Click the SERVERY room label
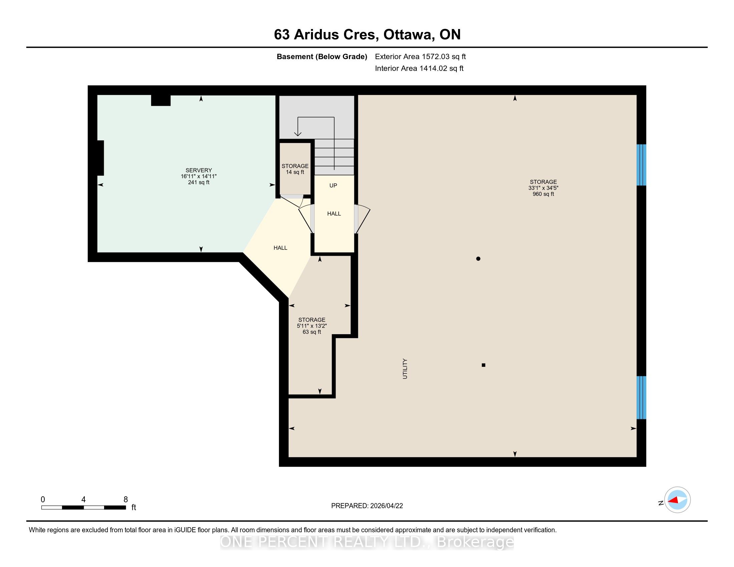click(x=199, y=170)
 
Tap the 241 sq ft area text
click(x=199, y=182)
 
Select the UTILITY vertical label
click(x=405, y=369)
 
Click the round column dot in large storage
click(x=478, y=258)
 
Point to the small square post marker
click(x=484, y=365)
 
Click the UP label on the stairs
click(x=333, y=185)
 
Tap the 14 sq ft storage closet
click(x=295, y=169)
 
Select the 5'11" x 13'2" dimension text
click(x=312, y=326)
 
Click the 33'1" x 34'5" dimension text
click(x=543, y=188)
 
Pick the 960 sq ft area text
click(x=543, y=194)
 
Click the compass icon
click(x=677, y=500)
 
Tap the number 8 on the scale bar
click(x=126, y=500)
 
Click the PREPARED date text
click(x=367, y=506)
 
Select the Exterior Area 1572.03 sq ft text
click(x=420, y=56)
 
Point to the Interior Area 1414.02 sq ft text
click(x=419, y=68)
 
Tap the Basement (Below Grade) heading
click(x=322, y=57)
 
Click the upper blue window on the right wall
click(x=642, y=165)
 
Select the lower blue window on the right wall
click(x=642, y=398)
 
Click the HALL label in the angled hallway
click(x=280, y=248)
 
